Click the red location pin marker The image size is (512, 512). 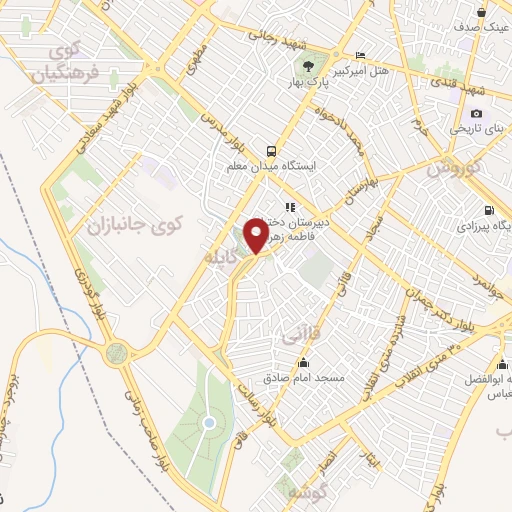pos(255,236)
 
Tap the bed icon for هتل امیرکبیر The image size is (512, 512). pos(361,54)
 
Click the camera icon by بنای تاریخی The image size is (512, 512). pos(476,112)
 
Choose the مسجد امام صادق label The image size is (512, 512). pos(304,379)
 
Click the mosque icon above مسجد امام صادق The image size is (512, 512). pos(304,363)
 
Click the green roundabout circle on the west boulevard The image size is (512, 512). pos(118,352)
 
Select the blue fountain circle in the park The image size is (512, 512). pos(208,422)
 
